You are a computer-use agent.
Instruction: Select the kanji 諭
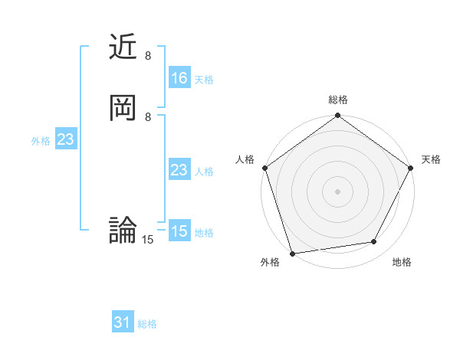123,230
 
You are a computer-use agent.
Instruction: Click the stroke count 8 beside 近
148,56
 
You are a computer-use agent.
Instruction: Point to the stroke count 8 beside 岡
148,116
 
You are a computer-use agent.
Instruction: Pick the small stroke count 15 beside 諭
148,240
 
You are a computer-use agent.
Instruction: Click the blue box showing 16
179,78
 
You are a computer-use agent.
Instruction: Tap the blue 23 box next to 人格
179,170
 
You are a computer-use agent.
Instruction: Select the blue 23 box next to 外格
65,139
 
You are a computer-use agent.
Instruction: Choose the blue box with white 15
179,231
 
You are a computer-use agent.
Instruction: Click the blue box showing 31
123,323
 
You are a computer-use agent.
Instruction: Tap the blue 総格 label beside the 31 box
147,324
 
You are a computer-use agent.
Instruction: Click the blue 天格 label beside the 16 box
203,80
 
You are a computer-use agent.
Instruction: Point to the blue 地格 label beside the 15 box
203,233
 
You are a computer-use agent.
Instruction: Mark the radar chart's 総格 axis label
338,100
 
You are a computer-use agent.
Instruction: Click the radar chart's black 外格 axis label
270,262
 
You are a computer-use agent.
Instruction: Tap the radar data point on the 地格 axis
374,241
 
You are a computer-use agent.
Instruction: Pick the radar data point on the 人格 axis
264,168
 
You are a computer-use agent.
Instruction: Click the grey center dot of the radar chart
337,191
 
